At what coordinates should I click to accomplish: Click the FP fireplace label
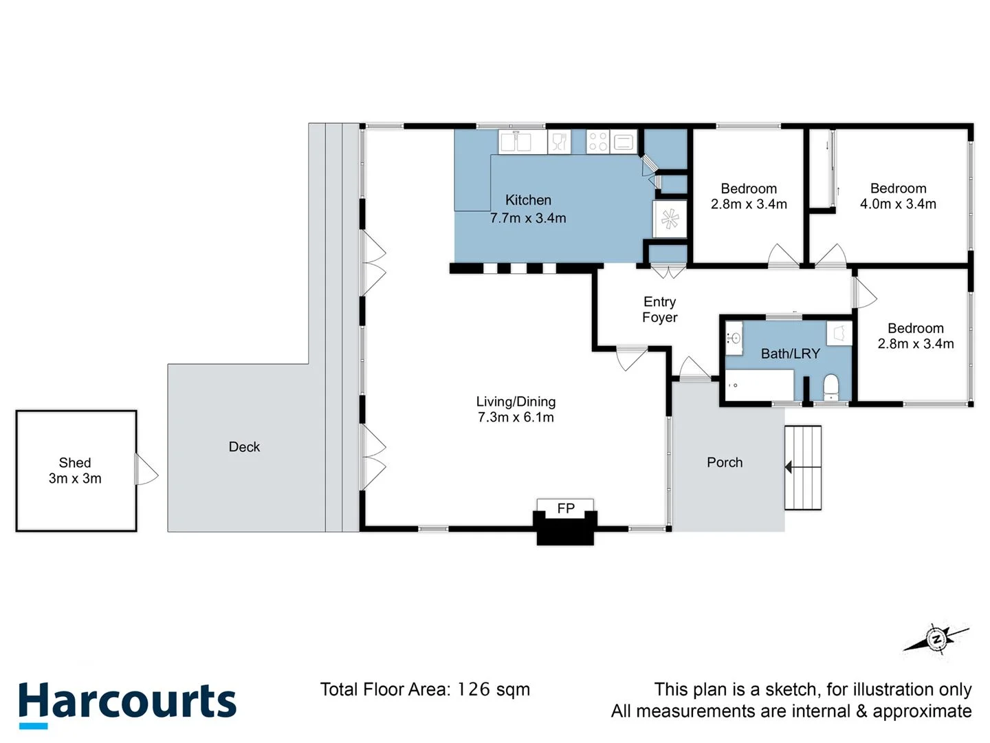click(565, 508)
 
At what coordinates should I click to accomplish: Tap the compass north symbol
click(936, 639)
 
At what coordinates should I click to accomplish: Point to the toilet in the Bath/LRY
click(831, 387)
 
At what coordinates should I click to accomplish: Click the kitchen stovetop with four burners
click(597, 142)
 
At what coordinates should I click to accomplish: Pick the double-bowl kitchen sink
click(516, 142)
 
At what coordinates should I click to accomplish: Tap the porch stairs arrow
click(789, 468)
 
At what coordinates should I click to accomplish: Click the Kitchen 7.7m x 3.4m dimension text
click(528, 218)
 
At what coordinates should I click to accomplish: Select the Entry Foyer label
click(659, 310)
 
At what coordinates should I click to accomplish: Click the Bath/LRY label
click(790, 354)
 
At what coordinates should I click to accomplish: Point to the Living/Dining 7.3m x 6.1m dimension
click(516, 418)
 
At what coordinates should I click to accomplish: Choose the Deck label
click(244, 447)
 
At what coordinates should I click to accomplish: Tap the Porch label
click(725, 462)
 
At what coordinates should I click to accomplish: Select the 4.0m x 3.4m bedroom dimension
click(898, 204)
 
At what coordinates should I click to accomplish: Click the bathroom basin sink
click(734, 338)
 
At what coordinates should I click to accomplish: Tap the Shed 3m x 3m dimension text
click(75, 479)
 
